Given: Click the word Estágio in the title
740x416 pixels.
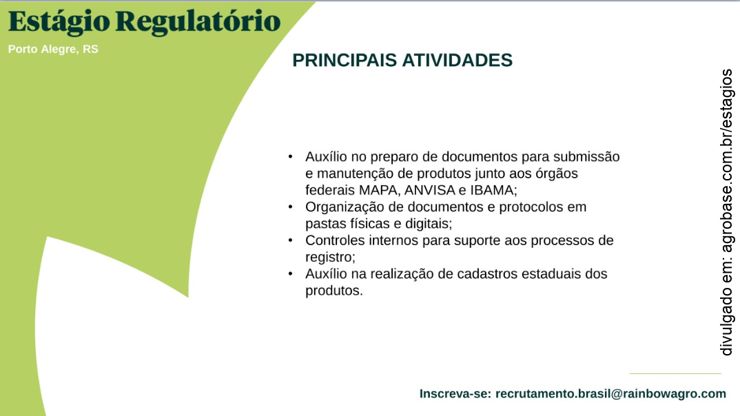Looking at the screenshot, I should click(x=58, y=21).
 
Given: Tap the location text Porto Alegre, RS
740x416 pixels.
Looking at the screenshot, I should click(x=53, y=50).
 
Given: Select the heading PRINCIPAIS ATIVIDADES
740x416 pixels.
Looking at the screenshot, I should click(x=402, y=61).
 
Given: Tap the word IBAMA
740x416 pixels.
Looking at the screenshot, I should click(x=492, y=189).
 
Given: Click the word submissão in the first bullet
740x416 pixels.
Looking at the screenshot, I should click(x=586, y=157).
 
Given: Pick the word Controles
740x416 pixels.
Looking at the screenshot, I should click(x=333, y=240).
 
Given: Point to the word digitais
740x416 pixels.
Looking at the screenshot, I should click(x=428, y=223).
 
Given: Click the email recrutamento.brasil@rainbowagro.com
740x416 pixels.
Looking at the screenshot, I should click(x=610, y=394).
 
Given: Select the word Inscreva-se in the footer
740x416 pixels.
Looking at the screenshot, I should click(x=455, y=394).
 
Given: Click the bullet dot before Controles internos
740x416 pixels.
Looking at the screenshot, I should click(x=291, y=240).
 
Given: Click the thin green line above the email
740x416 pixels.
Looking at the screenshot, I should click(x=675, y=374).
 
